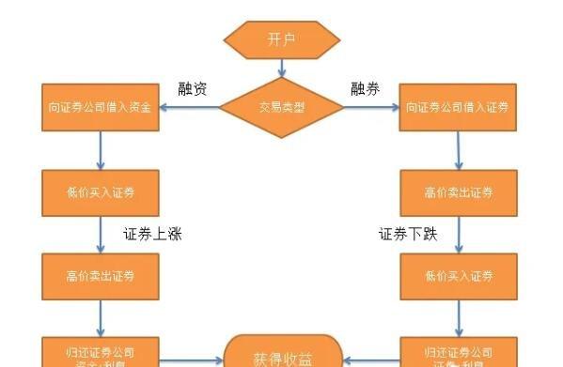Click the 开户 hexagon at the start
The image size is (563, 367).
[281, 39]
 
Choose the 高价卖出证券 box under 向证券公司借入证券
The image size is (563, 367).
[458, 193]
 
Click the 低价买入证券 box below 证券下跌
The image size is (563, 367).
[458, 276]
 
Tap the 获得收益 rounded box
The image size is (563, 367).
[281, 357]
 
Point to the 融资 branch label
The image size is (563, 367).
[193, 89]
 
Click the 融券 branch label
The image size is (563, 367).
[365, 89]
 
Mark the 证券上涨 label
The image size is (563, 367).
[152, 235]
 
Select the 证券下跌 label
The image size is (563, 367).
[408, 235]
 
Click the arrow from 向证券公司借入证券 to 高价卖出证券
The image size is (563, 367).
[458, 150]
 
